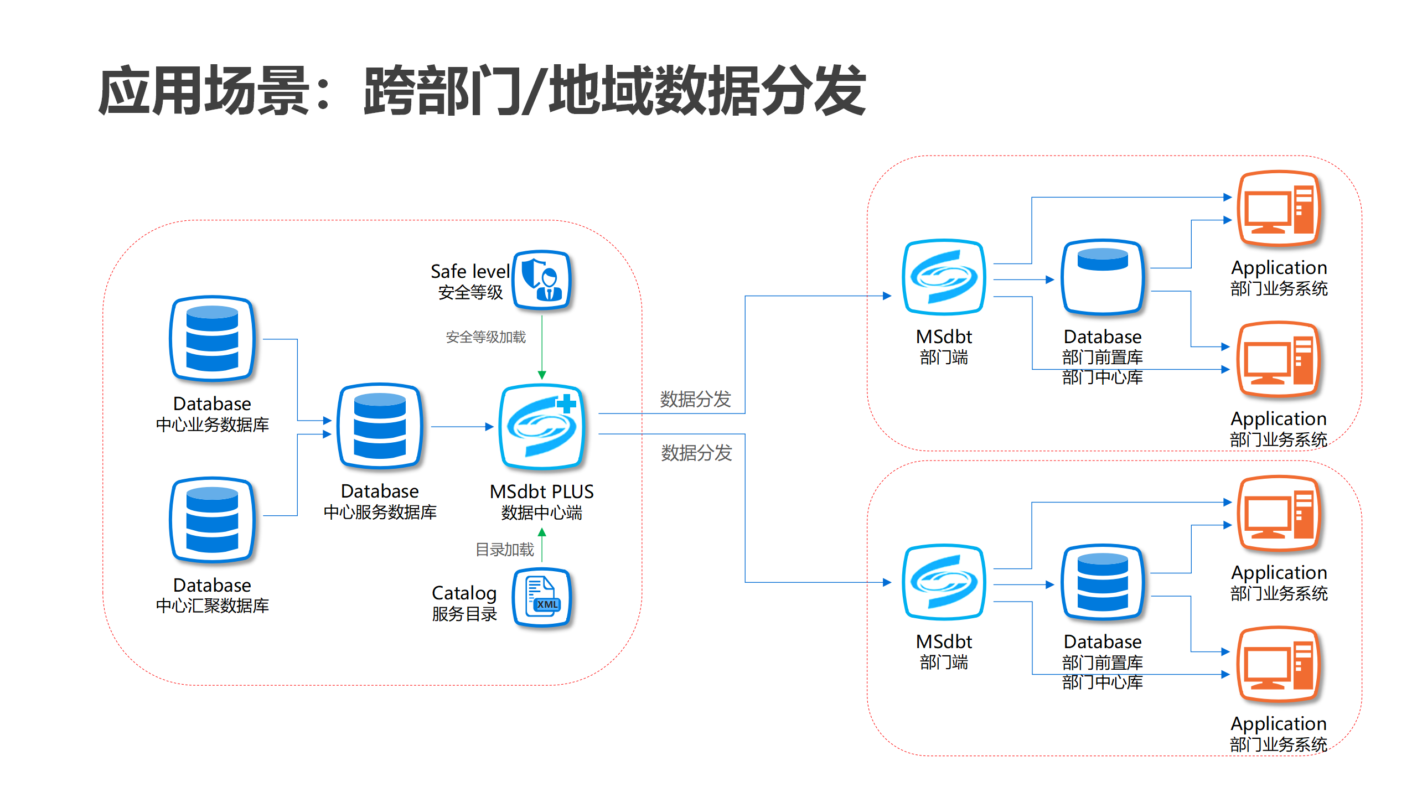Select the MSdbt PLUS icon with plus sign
(542, 427)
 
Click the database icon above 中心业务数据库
(213, 339)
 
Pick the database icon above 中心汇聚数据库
(213, 520)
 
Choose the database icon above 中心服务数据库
(380, 426)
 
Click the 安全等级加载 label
(485, 337)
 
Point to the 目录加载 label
(504, 550)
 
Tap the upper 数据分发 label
(695, 399)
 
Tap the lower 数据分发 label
(696, 453)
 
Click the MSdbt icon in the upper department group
(944, 277)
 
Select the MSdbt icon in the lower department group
(944, 582)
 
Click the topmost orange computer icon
(1279, 209)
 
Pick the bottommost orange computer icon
(1279, 665)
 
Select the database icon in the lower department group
(1103, 582)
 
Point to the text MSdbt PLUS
(541, 491)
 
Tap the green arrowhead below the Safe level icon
(542, 375)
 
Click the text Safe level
(470, 271)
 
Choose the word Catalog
(464, 593)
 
